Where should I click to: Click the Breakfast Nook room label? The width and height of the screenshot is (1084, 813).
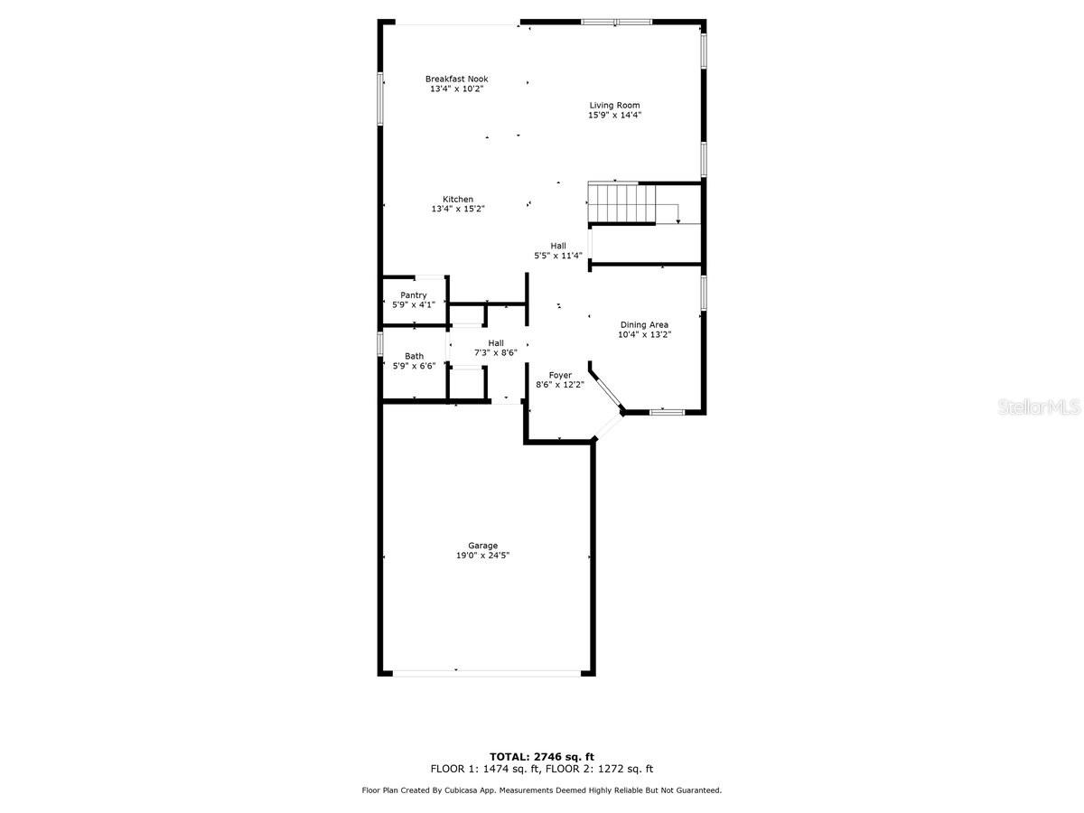(456, 79)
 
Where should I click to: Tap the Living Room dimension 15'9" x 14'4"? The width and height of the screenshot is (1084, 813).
(614, 116)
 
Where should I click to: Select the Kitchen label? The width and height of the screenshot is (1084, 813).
(458, 200)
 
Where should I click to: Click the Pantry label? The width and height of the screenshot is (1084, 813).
(414, 295)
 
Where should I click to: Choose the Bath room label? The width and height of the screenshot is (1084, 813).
(414, 356)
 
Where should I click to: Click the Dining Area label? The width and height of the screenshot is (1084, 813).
(644, 325)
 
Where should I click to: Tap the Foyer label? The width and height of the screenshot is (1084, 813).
(560, 375)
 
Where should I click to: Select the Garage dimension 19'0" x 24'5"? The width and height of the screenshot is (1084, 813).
(482, 556)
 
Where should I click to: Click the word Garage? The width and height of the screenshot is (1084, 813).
(482, 546)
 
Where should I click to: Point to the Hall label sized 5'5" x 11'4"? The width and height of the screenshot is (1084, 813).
(558, 246)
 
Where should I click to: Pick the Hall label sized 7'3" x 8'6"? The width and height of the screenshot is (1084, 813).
(496, 343)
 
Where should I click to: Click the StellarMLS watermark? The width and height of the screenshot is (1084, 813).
(1038, 408)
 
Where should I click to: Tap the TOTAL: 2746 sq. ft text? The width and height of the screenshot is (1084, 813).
(541, 757)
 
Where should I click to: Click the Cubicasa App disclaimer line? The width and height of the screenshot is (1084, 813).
(541, 790)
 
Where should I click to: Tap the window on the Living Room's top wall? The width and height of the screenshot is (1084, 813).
(616, 22)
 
